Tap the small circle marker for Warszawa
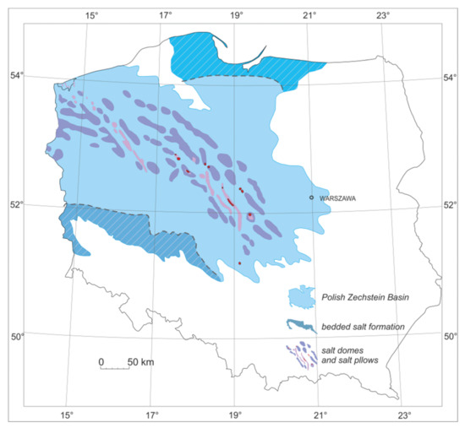[x=312, y=198]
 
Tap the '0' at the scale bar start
[x=101, y=362]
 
